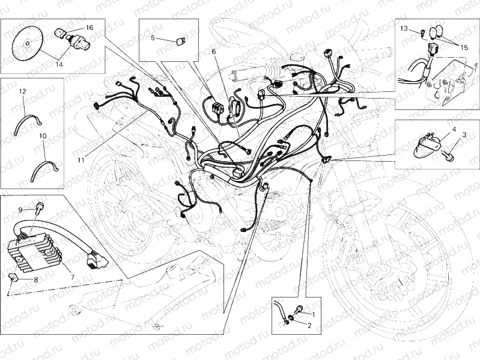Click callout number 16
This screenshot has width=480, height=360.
pyautogui.click(x=89, y=28)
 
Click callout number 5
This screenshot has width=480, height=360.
pyautogui.click(x=153, y=38)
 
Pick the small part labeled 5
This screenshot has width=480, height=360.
pyautogui.click(x=181, y=41)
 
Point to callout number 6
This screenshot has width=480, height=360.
pyautogui.click(x=213, y=52)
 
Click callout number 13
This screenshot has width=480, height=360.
pyautogui.click(x=404, y=29)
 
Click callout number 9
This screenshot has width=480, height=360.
pyautogui.click(x=20, y=210)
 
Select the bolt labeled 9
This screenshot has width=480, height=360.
pyautogui.click(x=40, y=207)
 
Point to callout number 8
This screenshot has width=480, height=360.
pyautogui.click(x=35, y=279)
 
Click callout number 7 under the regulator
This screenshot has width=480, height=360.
pyautogui.click(x=72, y=277)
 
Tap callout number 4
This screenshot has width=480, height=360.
pyautogui.click(x=454, y=129)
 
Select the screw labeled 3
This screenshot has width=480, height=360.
pyautogui.click(x=448, y=156)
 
